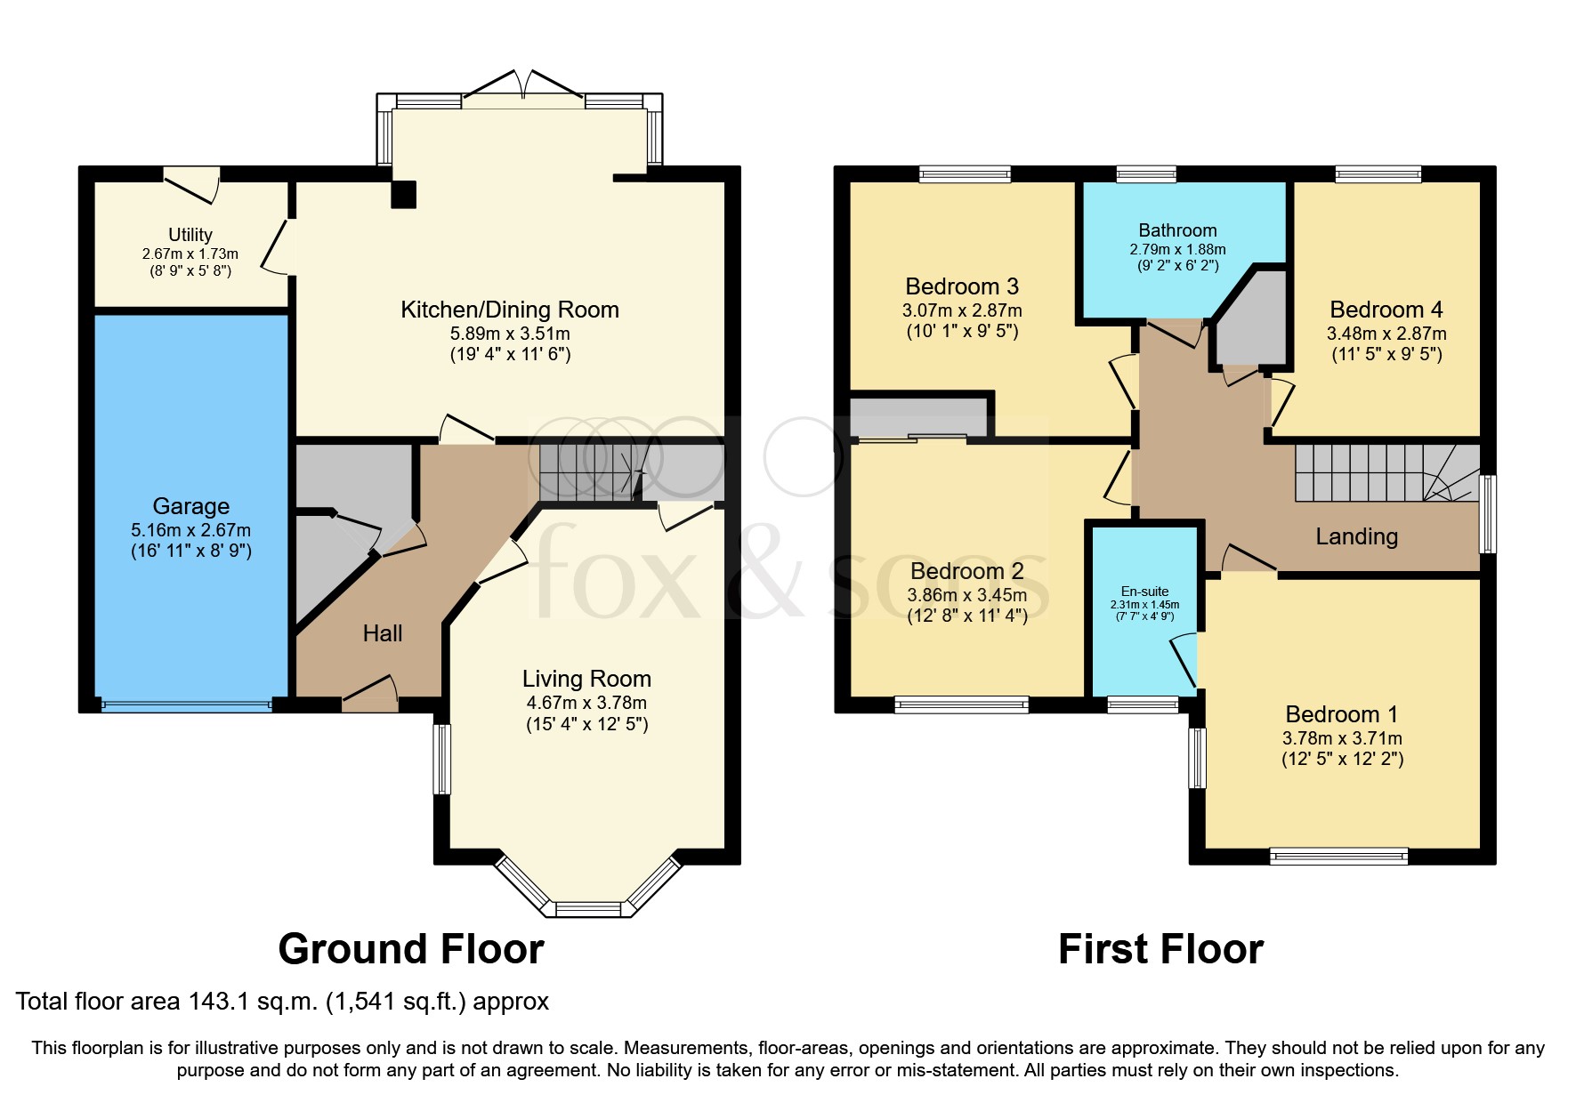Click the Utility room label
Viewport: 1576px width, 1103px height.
[x=190, y=235]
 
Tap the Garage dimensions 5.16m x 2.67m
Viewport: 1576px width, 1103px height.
[x=190, y=530]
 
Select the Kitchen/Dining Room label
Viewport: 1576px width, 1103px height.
[x=509, y=310]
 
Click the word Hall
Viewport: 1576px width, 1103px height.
[x=383, y=633]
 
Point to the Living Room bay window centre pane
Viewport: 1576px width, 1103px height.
[x=587, y=909]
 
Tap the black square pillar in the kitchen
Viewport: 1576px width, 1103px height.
[x=403, y=194]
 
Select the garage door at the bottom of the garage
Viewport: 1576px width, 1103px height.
[x=186, y=706]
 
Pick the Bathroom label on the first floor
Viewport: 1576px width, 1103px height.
[x=1177, y=230]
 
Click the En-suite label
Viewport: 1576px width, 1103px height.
[x=1144, y=592]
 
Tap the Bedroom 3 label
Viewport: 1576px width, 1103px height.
[x=961, y=286]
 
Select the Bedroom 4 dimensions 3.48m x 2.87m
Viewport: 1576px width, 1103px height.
[x=1386, y=334]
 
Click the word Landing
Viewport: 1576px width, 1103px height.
[x=1356, y=536]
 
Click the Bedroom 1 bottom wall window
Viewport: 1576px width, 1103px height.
[x=1338, y=857]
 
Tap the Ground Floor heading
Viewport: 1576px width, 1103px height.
[x=410, y=949]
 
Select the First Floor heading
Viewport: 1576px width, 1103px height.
[x=1160, y=949]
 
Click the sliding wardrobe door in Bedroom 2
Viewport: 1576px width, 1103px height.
[x=912, y=438]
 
